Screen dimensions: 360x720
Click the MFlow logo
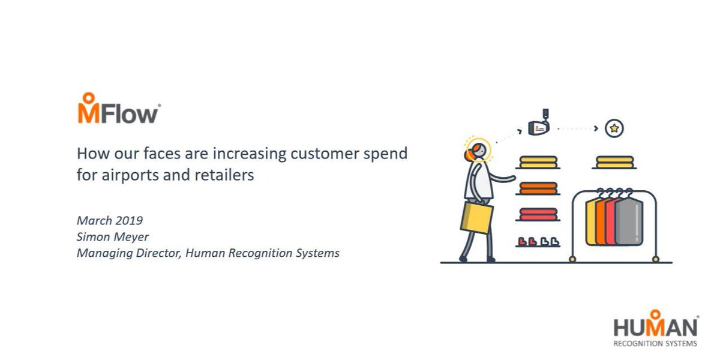pyautogui.click(x=118, y=109)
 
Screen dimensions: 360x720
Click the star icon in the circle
pyautogui.click(x=614, y=128)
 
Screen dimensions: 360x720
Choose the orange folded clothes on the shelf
pyautogui.click(x=538, y=188)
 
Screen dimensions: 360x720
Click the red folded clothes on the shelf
pyautogui.click(x=538, y=214)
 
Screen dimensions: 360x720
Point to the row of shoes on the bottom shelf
pyautogui.click(x=537, y=241)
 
